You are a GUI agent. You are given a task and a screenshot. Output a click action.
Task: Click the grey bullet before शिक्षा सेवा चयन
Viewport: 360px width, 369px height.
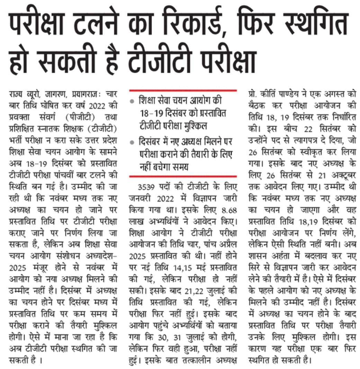tap(132, 102)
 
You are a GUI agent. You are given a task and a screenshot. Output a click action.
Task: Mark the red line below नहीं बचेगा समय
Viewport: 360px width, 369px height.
tap(183, 176)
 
